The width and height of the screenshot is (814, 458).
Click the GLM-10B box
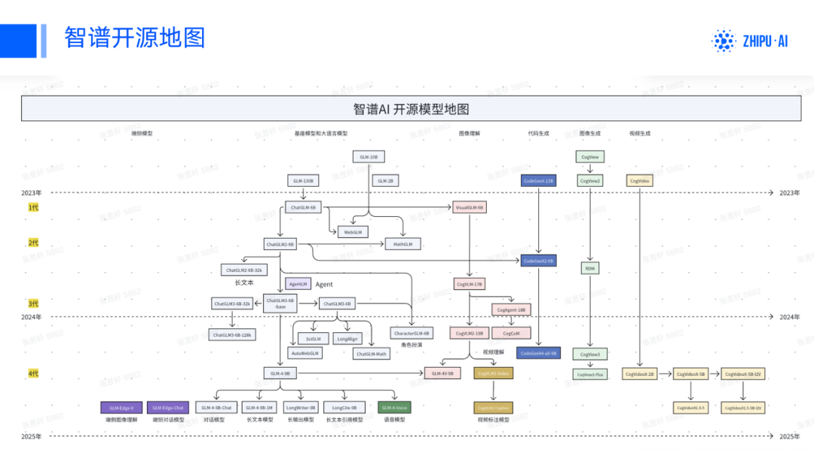pos(369,157)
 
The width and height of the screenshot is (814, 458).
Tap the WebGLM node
pos(353,232)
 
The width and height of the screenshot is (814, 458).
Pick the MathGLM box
pos(403,244)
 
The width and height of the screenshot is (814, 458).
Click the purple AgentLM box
pos(298,284)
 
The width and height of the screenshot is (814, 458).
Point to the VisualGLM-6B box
pos(470,206)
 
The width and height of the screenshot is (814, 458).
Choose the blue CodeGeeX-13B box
pos(538,181)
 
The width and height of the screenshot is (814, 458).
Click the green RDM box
pos(589,268)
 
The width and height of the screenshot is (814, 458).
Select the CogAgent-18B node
pos(512,309)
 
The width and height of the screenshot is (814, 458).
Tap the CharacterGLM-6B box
pos(412,332)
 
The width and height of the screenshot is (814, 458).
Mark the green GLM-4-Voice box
pos(394,407)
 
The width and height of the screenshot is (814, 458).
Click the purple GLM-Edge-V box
pos(121,407)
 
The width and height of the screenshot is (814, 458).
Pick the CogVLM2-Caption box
pos(494,407)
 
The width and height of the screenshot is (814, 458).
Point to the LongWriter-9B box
pos(301,407)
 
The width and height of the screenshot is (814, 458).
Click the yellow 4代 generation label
pos(32,374)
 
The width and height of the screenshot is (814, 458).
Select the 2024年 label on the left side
pos(32,317)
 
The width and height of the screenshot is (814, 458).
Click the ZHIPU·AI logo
pos(750,41)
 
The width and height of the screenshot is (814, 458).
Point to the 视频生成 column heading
pos(640,133)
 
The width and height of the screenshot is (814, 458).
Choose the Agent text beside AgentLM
pos(324,285)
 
